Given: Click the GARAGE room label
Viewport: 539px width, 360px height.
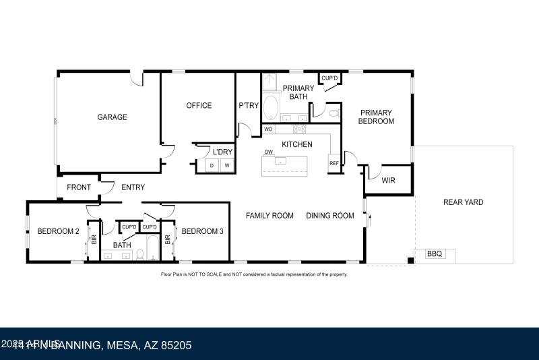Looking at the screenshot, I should [x=112, y=117].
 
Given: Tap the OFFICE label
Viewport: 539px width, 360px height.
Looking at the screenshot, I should [x=199, y=106].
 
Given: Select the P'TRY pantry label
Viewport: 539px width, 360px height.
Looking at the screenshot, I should [x=248, y=106].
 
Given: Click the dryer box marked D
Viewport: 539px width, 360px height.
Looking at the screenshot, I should [x=212, y=165].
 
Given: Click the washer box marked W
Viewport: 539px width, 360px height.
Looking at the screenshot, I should [x=227, y=165].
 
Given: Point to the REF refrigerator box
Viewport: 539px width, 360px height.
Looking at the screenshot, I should [x=334, y=163].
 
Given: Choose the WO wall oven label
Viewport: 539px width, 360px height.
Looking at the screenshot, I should [x=268, y=129].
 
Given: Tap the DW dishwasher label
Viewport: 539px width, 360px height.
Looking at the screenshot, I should [x=268, y=152].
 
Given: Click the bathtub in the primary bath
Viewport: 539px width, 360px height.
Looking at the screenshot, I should [x=270, y=107].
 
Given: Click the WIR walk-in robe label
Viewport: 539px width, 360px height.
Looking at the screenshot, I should [x=388, y=181].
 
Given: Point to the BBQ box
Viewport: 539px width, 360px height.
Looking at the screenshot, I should [x=435, y=254].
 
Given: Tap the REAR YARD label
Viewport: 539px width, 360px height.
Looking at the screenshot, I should [x=463, y=202].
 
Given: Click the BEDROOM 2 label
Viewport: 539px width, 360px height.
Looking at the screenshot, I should [x=58, y=231].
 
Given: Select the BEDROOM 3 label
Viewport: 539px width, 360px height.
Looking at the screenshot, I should [x=202, y=231].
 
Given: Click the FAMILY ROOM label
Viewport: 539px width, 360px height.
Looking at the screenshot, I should [x=269, y=216].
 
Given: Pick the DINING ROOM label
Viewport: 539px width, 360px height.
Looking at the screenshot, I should [x=330, y=216].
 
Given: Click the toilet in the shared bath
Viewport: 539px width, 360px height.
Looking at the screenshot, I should [x=140, y=254].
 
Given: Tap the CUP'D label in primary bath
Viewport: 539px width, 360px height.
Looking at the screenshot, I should [x=329, y=79].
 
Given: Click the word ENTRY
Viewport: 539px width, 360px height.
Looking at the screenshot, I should [x=133, y=187].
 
